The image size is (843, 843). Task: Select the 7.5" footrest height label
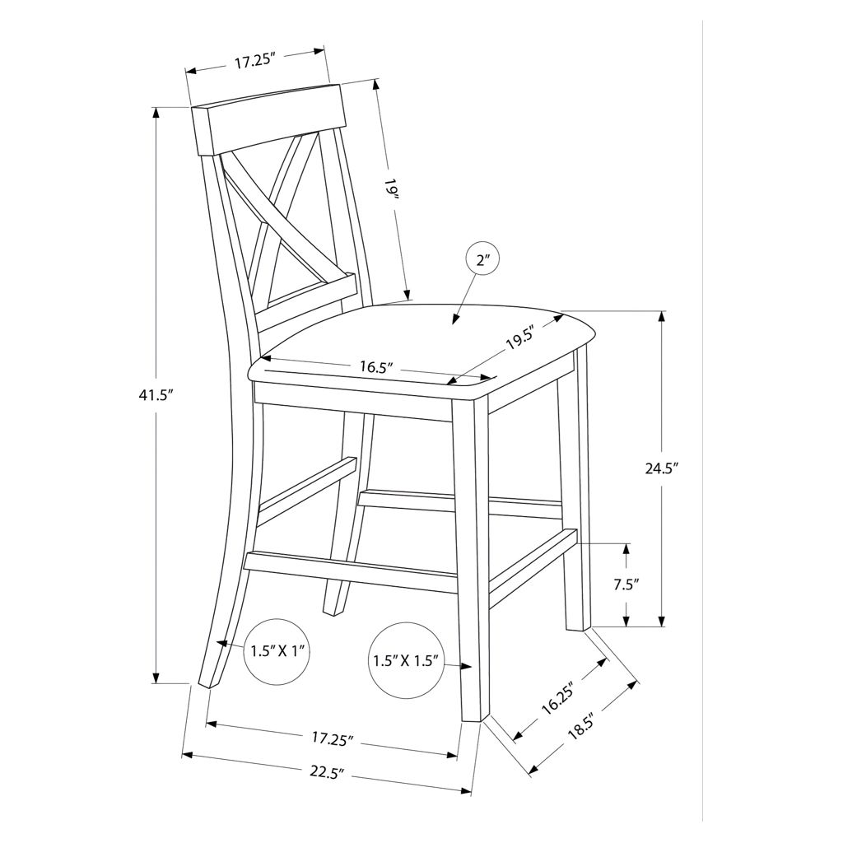point(626,585)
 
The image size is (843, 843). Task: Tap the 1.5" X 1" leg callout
point(277,651)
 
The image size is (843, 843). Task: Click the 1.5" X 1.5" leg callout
point(406,660)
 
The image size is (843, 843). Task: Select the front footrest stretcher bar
point(352,573)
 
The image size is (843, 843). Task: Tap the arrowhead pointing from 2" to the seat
point(456,319)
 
